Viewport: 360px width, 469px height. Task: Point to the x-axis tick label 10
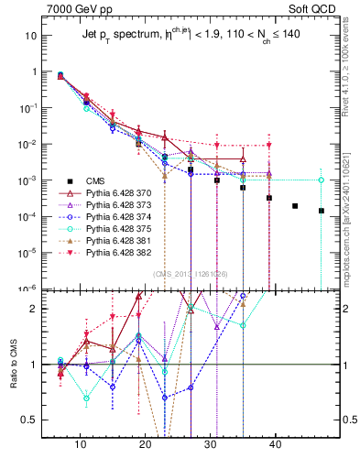tap(81, 444)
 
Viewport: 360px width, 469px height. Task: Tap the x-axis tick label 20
tap(146, 444)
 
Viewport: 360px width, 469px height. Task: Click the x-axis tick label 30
tap(211, 444)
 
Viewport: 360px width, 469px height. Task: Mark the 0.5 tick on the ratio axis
tap(32, 420)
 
